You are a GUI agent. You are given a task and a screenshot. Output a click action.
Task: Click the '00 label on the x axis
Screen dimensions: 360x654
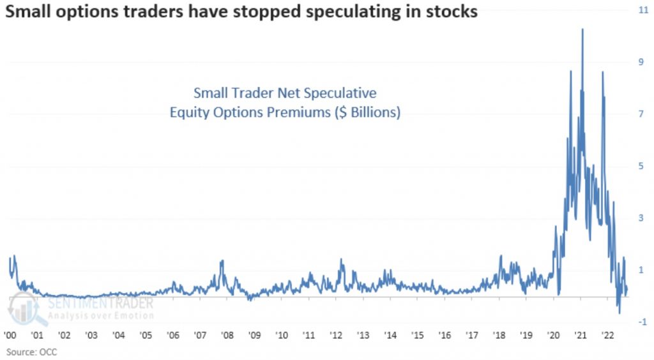pyautogui.click(x=10, y=334)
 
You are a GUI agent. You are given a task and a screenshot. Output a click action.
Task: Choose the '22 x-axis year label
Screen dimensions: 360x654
pyautogui.click(x=607, y=334)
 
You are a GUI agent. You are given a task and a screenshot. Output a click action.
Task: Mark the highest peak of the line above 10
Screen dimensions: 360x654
pyautogui.click(x=582, y=29)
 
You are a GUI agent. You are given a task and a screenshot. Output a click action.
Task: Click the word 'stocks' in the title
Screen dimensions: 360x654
pyautogui.click(x=455, y=11)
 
